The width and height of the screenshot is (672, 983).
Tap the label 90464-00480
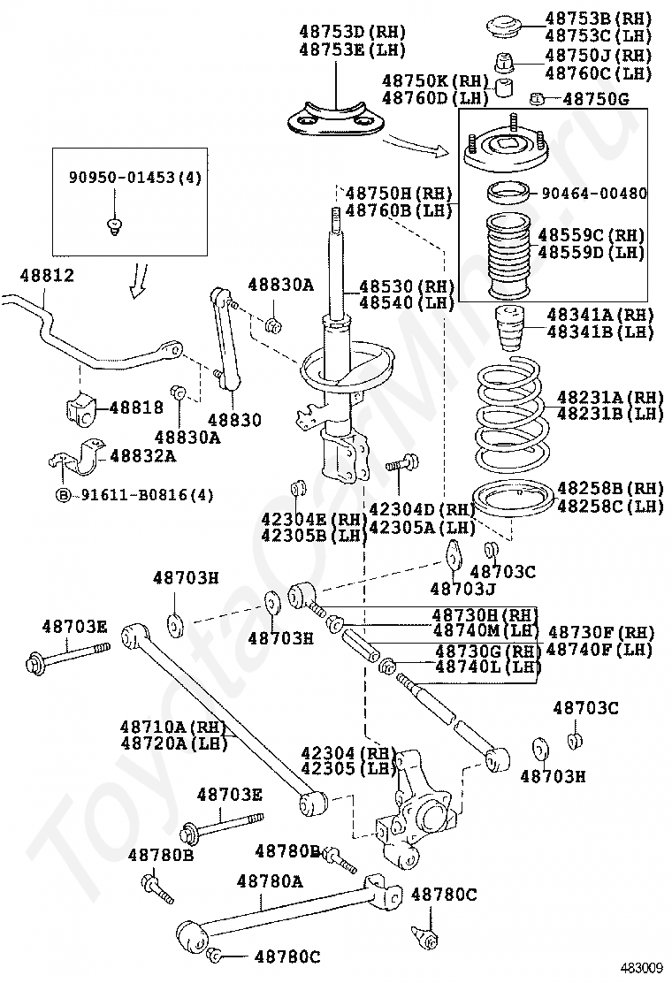tap(593, 193)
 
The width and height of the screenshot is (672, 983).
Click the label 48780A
tap(270, 881)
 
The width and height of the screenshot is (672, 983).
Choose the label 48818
tap(136, 408)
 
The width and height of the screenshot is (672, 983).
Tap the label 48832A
tap(141, 455)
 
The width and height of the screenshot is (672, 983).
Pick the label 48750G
tap(595, 99)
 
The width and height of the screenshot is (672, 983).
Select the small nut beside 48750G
tap(536, 98)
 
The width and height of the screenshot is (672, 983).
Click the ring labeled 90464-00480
tap(508, 191)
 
